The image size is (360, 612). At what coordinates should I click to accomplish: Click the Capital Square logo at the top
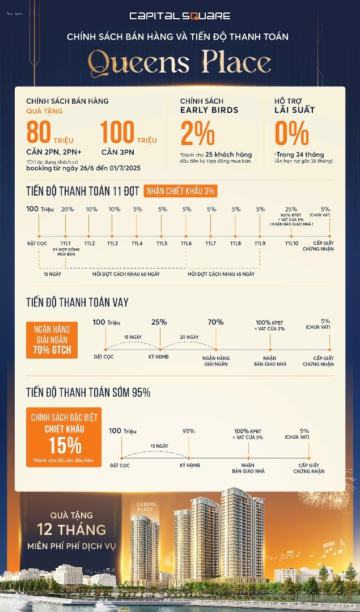(180, 16)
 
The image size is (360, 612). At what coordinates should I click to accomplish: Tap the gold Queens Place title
(180, 62)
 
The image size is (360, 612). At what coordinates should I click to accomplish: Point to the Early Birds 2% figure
(197, 134)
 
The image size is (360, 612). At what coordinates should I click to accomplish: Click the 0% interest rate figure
(291, 134)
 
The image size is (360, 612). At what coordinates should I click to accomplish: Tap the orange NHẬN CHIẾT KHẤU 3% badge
(180, 191)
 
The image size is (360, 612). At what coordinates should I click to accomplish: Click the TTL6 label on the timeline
(187, 244)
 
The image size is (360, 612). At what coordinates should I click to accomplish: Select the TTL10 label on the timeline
(291, 244)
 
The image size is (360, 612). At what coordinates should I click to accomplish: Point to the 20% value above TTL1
(67, 209)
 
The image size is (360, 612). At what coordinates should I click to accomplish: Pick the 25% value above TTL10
(291, 209)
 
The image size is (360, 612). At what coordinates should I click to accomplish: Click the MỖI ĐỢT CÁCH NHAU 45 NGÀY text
(221, 274)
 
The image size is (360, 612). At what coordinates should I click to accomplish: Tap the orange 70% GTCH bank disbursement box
(52, 339)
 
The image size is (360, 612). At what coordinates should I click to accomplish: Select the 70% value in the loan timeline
(215, 322)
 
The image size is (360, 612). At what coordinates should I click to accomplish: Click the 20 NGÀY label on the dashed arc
(190, 337)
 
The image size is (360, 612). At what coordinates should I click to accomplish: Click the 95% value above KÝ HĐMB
(189, 431)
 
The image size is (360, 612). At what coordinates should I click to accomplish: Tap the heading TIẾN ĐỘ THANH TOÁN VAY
(78, 303)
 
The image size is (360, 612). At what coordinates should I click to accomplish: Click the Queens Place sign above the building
(146, 506)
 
